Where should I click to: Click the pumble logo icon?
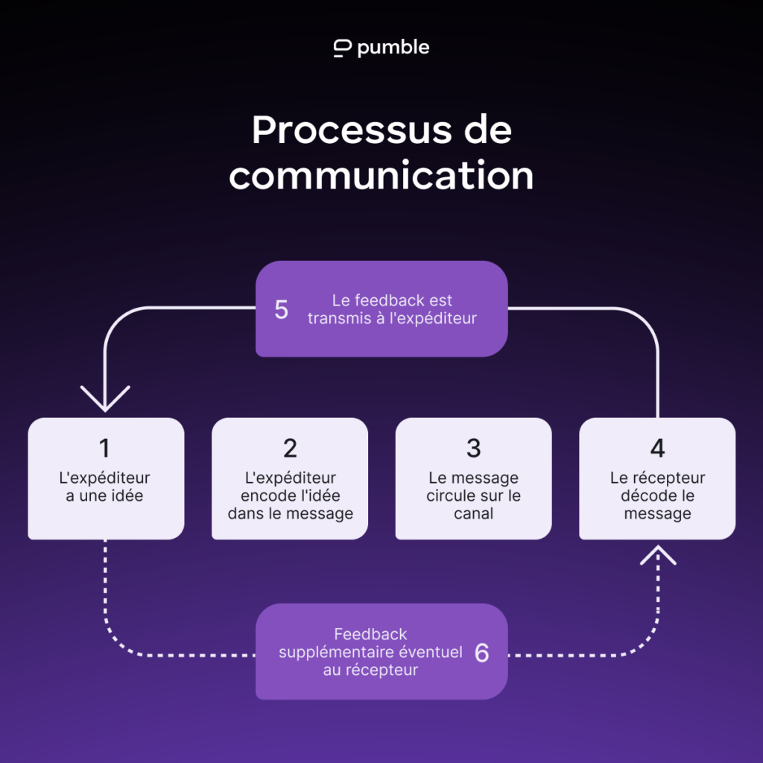coord(343,48)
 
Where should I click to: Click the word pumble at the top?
coord(393,48)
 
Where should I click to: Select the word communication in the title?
coord(381,176)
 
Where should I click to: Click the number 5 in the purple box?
coord(281,309)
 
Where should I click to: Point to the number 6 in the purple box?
coord(482,653)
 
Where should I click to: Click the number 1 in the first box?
coord(104,448)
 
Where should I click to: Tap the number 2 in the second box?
coord(290,448)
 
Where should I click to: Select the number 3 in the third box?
coord(473,448)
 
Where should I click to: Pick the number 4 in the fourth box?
coord(657,448)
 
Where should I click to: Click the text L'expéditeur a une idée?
coord(104,487)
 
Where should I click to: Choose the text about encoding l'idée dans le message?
coord(290,496)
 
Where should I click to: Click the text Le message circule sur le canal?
coord(473,496)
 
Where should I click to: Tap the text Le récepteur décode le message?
coord(657,496)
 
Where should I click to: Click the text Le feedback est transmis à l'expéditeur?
coord(392,309)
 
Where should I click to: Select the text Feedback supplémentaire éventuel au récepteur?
coord(370,652)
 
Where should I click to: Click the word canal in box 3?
coord(473,513)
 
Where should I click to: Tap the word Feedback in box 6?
coord(370,634)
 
